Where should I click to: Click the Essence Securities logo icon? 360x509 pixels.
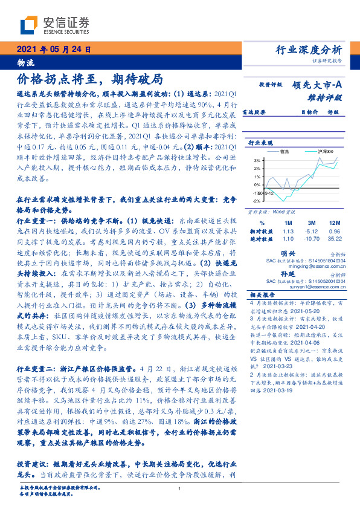click(28, 24)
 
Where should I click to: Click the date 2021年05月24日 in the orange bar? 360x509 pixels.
click(54, 51)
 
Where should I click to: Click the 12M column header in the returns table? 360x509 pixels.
click(334, 222)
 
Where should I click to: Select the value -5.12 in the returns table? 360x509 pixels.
click(312, 230)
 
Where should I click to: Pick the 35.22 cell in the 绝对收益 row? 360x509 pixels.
click(334, 238)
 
